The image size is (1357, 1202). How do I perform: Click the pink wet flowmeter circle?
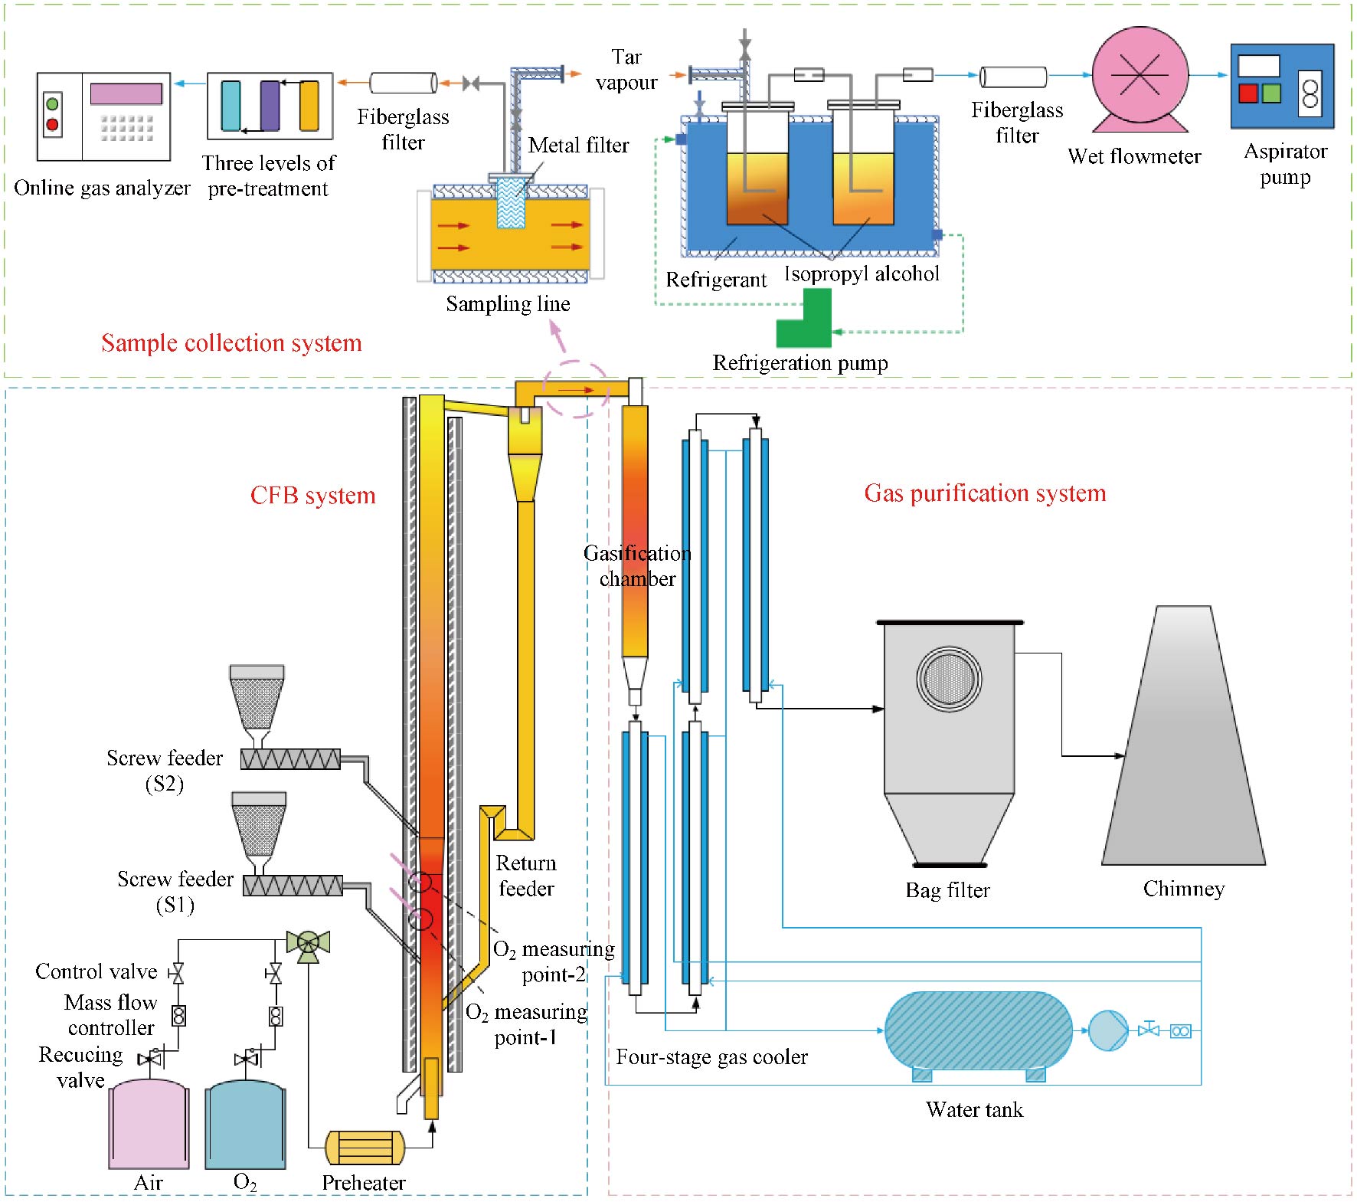tap(1140, 74)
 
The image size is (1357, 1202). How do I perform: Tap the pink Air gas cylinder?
tap(149, 1125)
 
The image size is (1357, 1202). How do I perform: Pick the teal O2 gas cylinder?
tap(245, 1125)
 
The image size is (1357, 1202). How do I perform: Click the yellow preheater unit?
tap(365, 1148)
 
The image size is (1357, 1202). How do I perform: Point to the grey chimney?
tap(1184, 751)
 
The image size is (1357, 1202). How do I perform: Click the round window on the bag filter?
tap(949, 679)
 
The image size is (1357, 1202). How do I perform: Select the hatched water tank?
tap(978, 1030)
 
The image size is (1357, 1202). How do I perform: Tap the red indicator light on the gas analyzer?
tap(52, 124)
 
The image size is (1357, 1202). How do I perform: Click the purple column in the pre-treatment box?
tap(270, 106)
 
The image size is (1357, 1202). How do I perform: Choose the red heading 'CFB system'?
tap(312, 496)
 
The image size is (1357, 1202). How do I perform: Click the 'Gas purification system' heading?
tap(985, 493)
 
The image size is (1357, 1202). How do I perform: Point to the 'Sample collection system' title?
tap(231, 343)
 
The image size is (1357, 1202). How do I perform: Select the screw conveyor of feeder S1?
tap(293, 886)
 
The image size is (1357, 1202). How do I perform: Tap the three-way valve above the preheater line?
tap(308, 942)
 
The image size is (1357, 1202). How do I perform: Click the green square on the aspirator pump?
tap(1271, 93)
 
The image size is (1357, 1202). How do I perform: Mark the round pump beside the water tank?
tap(1107, 1030)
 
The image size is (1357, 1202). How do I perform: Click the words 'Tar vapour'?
tap(626, 70)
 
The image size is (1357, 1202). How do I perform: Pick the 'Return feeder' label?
tap(526, 876)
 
